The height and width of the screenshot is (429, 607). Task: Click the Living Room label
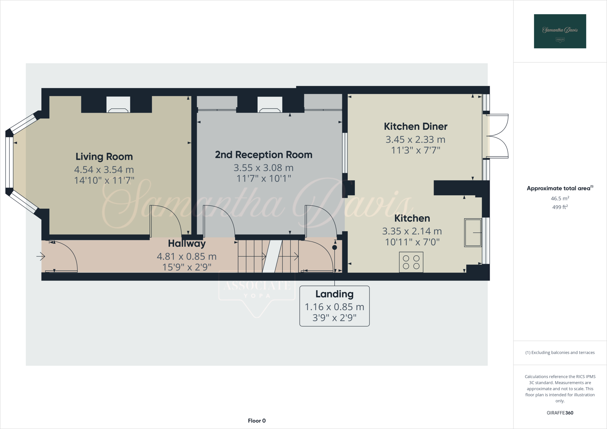pos(104,156)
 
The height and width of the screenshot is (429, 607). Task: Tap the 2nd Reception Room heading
pos(263,155)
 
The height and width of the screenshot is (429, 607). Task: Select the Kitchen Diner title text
pos(416,127)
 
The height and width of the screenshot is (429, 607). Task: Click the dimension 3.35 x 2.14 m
pos(412,231)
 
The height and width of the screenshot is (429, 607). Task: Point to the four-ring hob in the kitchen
pos(411,262)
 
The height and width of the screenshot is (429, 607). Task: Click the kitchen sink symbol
pos(473,233)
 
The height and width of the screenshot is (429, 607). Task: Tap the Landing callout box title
pos(334,294)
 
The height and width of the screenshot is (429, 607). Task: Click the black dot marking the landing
pos(335,247)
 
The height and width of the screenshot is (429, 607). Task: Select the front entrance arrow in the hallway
pos(41,256)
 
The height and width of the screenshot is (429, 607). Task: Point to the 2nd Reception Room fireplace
pos(270,105)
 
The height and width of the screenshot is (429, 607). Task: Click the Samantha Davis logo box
pos(560,31)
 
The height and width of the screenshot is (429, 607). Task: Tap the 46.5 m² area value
pos(560,199)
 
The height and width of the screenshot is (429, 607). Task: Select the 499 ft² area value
pos(560,207)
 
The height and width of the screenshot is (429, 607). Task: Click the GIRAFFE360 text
pos(560,413)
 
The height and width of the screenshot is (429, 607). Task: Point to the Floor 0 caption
pos(257,421)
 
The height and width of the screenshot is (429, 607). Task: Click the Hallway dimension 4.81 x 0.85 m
pos(187,256)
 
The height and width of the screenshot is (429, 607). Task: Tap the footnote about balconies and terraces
pos(560,353)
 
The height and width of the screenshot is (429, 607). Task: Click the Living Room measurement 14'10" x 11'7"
pos(104,180)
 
